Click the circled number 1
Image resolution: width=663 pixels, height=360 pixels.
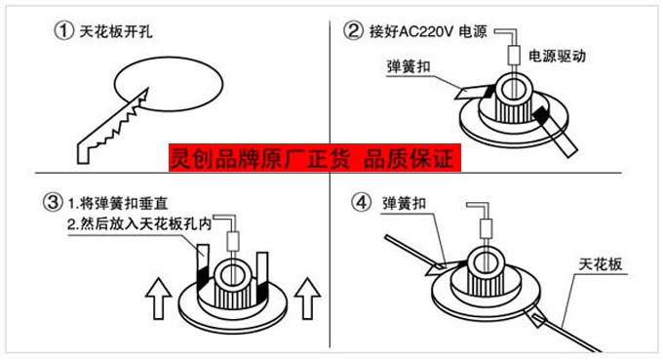click(x=63, y=31)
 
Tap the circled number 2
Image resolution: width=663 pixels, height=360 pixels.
click(x=353, y=31)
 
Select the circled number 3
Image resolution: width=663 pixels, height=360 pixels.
click(x=53, y=202)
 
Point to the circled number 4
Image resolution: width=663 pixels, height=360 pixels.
click(x=362, y=202)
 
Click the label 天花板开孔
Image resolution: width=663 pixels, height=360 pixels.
click(x=116, y=31)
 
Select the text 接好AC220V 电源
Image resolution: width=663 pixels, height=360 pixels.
click(x=428, y=31)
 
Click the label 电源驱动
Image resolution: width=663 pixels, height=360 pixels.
click(x=558, y=56)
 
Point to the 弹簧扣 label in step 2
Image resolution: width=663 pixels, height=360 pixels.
click(x=408, y=66)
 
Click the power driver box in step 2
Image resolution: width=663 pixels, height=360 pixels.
click(x=513, y=55)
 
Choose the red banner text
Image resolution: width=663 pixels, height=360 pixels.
click(x=315, y=158)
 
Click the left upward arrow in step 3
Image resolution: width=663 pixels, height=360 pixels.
click(x=159, y=299)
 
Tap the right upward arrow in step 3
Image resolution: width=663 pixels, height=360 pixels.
click(x=307, y=299)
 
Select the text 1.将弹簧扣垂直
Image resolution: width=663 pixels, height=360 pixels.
click(x=118, y=204)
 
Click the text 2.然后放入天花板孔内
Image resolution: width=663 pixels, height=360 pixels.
click(x=139, y=223)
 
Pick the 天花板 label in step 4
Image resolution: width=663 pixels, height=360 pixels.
click(x=601, y=264)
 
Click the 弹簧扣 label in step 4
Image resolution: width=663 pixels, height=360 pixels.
click(x=404, y=204)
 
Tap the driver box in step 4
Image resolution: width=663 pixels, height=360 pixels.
click(x=487, y=229)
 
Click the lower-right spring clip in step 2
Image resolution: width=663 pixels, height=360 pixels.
click(x=555, y=132)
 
